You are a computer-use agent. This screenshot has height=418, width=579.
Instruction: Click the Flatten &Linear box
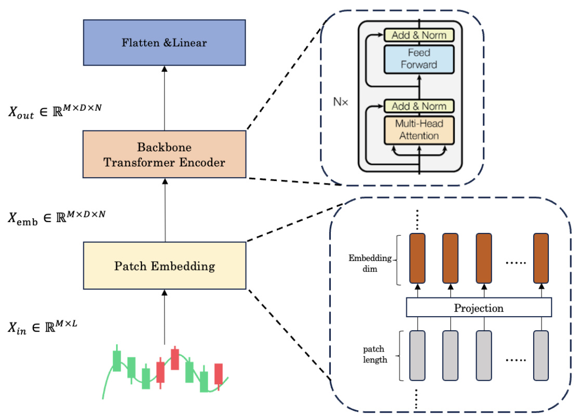click(164, 43)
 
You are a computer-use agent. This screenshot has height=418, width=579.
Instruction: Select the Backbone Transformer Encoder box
click(164, 154)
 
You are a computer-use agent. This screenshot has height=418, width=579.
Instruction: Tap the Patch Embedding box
click(164, 266)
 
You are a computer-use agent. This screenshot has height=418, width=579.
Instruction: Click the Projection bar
click(479, 308)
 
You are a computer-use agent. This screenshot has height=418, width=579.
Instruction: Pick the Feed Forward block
click(419, 59)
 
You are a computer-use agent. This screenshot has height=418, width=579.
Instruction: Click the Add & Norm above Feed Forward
click(419, 35)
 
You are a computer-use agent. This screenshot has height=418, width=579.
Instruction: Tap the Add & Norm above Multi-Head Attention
click(419, 106)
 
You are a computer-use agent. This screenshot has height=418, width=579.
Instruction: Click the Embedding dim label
click(371, 263)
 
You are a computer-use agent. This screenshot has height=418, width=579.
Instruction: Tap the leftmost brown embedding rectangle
click(417, 259)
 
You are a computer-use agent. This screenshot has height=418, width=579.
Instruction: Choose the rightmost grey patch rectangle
click(541, 355)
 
